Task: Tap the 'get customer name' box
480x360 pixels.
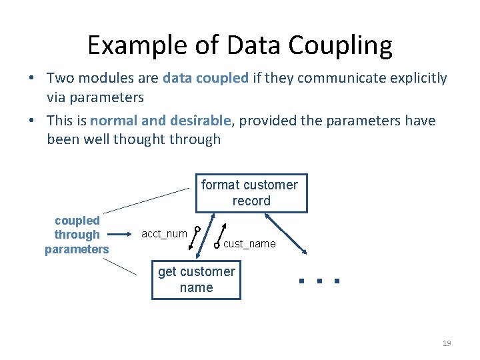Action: click(196, 280)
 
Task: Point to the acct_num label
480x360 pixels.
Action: click(164, 233)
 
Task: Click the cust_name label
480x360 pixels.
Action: click(249, 244)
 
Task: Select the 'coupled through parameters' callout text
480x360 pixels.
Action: click(77, 235)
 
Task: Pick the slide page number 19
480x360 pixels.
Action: click(447, 343)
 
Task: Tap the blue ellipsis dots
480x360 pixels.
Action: click(319, 281)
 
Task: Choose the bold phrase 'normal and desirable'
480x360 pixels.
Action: click(160, 121)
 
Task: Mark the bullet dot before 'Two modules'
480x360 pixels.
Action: click(31, 79)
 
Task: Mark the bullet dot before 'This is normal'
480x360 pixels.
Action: click(31, 121)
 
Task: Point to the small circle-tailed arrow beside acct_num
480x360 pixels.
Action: click(195, 239)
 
